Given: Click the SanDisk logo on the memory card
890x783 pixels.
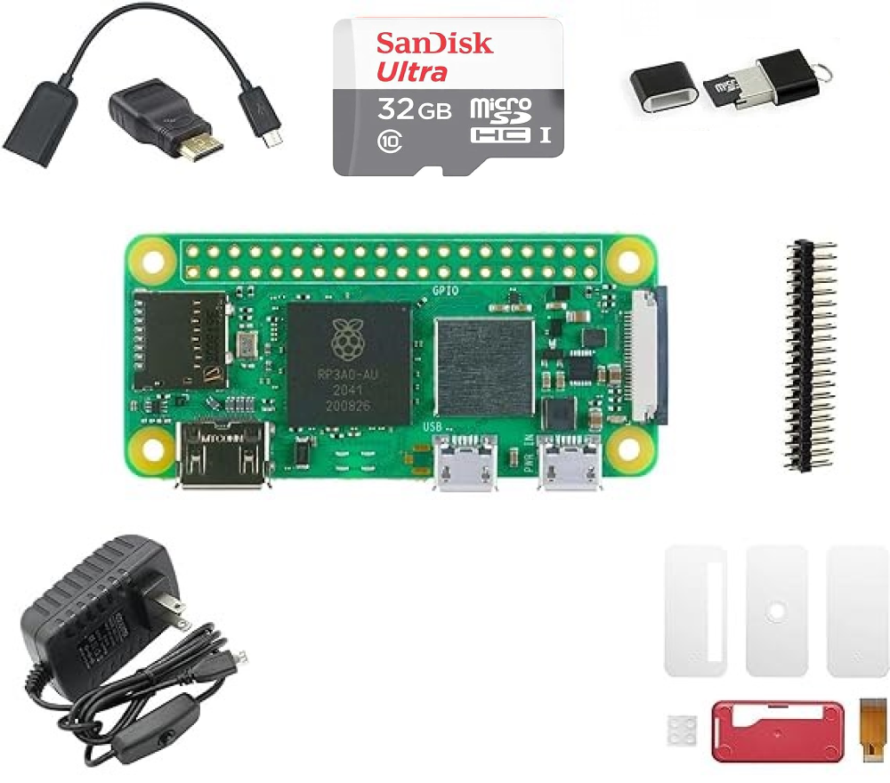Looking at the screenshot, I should point(434,43).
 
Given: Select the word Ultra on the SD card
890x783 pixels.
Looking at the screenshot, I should point(412,71).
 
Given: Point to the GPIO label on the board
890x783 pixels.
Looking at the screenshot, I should point(445,290).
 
